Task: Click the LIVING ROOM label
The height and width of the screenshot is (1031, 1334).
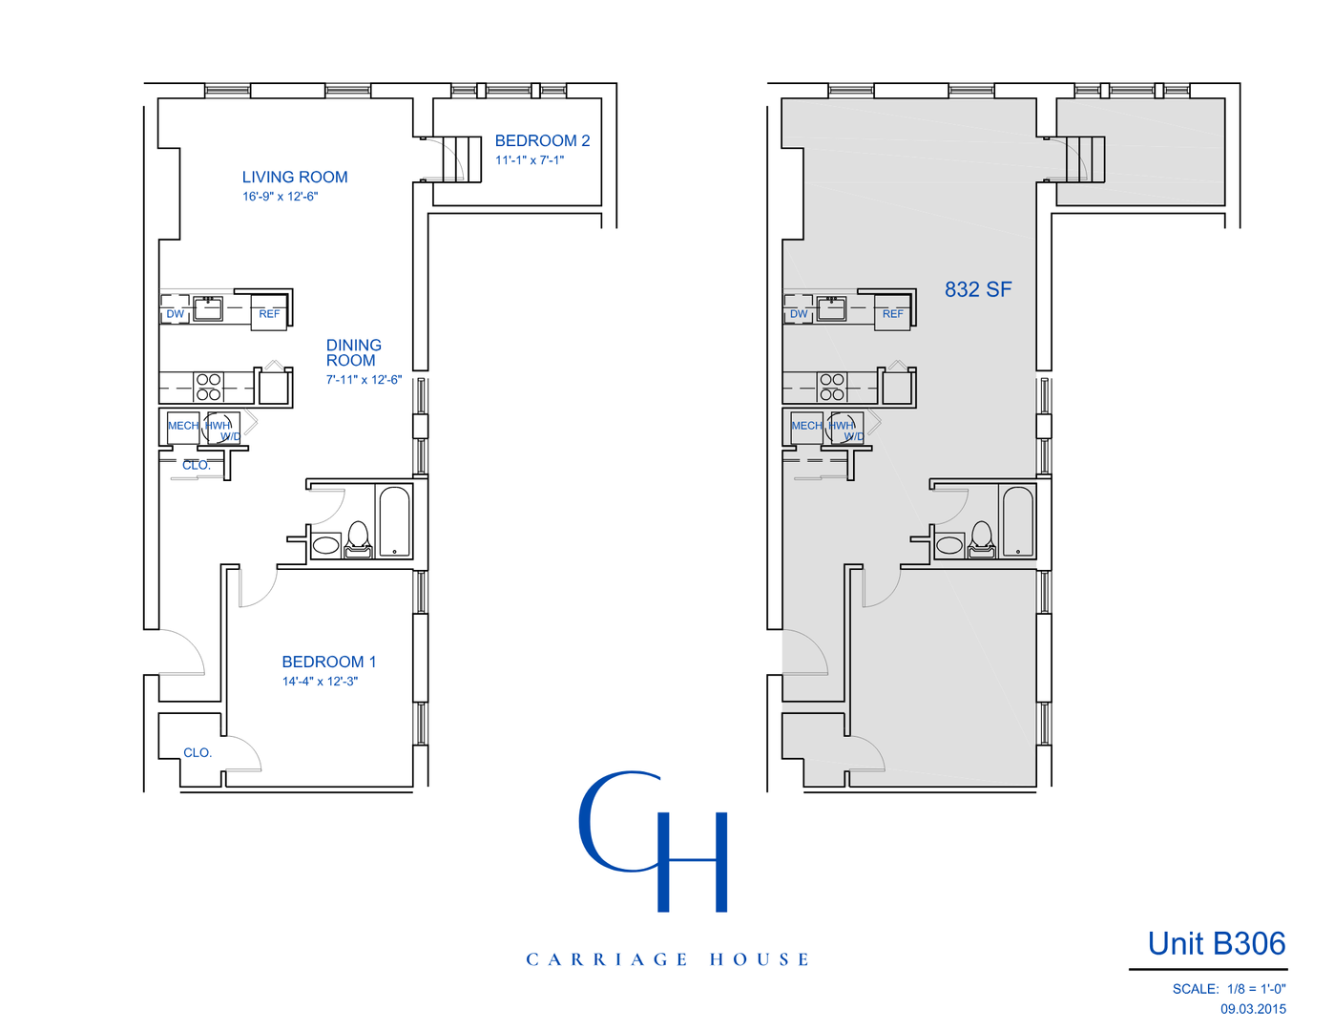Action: point(295,178)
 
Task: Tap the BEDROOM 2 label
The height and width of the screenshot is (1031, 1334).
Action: point(542,141)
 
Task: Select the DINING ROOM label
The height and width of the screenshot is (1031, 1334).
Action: point(353,352)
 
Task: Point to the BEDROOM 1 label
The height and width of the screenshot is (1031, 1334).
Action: point(329,662)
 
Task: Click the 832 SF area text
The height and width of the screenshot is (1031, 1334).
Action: point(978,289)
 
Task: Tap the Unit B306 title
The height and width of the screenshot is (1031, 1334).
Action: point(1217,943)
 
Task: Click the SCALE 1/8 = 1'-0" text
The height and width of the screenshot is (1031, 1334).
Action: point(1229,989)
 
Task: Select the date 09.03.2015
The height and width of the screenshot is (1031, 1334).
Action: point(1253,1009)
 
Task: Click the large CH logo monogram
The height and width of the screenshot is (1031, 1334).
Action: point(655,840)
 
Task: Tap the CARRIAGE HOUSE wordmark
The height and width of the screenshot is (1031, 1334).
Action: point(667,959)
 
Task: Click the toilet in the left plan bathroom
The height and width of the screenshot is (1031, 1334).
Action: point(358,539)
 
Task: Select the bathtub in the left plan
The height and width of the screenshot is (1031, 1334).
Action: point(394,521)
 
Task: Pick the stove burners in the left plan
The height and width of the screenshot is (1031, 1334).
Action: point(209,387)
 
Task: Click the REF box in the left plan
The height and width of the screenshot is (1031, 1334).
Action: point(269,314)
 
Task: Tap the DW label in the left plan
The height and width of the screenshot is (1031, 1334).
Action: point(176,314)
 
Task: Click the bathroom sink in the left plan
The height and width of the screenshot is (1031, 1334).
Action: point(325,545)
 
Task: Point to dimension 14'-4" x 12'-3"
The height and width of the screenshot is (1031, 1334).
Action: point(320,682)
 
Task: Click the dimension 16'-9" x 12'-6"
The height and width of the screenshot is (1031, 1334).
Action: point(280,197)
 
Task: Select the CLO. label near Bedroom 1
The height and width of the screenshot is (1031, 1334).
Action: point(198,753)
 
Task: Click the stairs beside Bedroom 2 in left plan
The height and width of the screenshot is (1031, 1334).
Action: point(462,158)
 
